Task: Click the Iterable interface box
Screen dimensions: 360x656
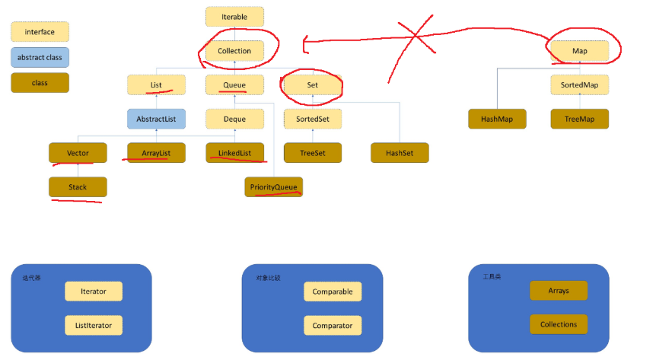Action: [x=234, y=17]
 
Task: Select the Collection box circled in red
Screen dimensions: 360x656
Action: [x=234, y=51]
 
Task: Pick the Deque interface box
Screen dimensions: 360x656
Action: [x=234, y=119]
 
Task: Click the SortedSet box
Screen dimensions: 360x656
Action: [x=313, y=119]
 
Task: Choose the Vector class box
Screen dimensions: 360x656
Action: [x=78, y=153]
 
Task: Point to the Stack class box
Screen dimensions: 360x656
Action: [x=78, y=186]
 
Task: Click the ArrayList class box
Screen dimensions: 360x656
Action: [x=155, y=153]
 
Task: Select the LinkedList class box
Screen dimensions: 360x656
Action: [x=234, y=153]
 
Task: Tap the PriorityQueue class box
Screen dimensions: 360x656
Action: [x=273, y=186]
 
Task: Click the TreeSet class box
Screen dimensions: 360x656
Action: [x=313, y=153]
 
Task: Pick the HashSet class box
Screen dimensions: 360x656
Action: [x=400, y=153]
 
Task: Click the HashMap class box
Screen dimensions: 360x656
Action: [x=497, y=119]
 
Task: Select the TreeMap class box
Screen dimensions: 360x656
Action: [x=580, y=119]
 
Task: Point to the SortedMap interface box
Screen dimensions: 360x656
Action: [x=580, y=84]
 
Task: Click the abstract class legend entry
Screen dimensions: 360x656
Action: [x=40, y=57]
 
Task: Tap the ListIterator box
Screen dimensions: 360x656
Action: [x=94, y=325]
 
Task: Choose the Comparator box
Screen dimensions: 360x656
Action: [x=333, y=325]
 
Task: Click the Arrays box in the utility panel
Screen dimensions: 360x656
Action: [x=559, y=291]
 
